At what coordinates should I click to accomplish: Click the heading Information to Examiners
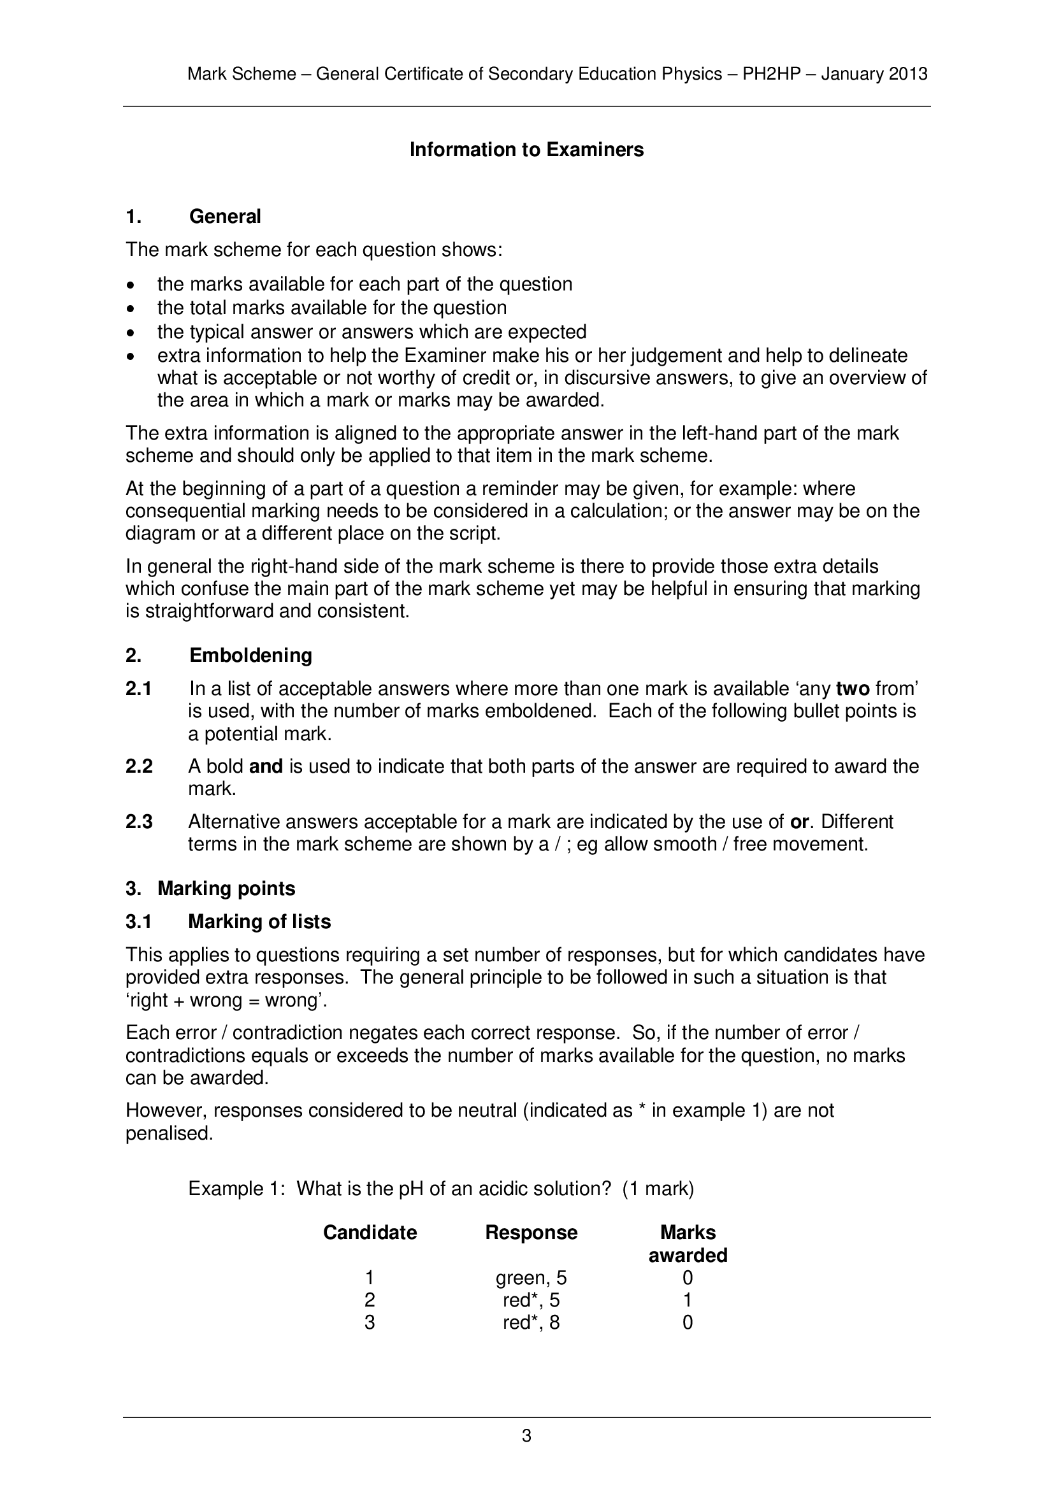pyautogui.click(x=526, y=150)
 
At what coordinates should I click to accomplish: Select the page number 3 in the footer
pyautogui.click(x=526, y=1435)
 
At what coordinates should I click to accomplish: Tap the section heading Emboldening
pyautogui.click(x=250, y=655)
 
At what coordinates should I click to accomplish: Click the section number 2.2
pyautogui.click(x=139, y=766)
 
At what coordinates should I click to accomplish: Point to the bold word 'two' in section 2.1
pyautogui.click(x=852, y=689)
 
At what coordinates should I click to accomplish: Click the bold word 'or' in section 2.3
pyautogui.click(x=799, y=822)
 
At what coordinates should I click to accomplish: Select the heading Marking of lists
pyautogui.click(x=259, y=922)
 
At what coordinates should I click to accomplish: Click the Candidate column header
pyautogui.click(x=370, y=1233)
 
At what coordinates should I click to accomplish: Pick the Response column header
pyautogui.click(x=531, y=1233)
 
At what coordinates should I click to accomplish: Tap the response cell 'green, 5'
pyautogui.click(x=531, y=1278)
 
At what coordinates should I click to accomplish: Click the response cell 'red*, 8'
pyautogui.click(x=531, y=1322)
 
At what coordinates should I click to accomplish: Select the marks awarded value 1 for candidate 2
pyautogui.click(x=688, y=1300)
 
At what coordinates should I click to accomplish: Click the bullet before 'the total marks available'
pyautogui.click(x=132, y=308)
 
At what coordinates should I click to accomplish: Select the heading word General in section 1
pyautogui.click(x=224, y=217)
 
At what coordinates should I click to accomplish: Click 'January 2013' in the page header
pyautogui.click(x=874, y=74)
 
